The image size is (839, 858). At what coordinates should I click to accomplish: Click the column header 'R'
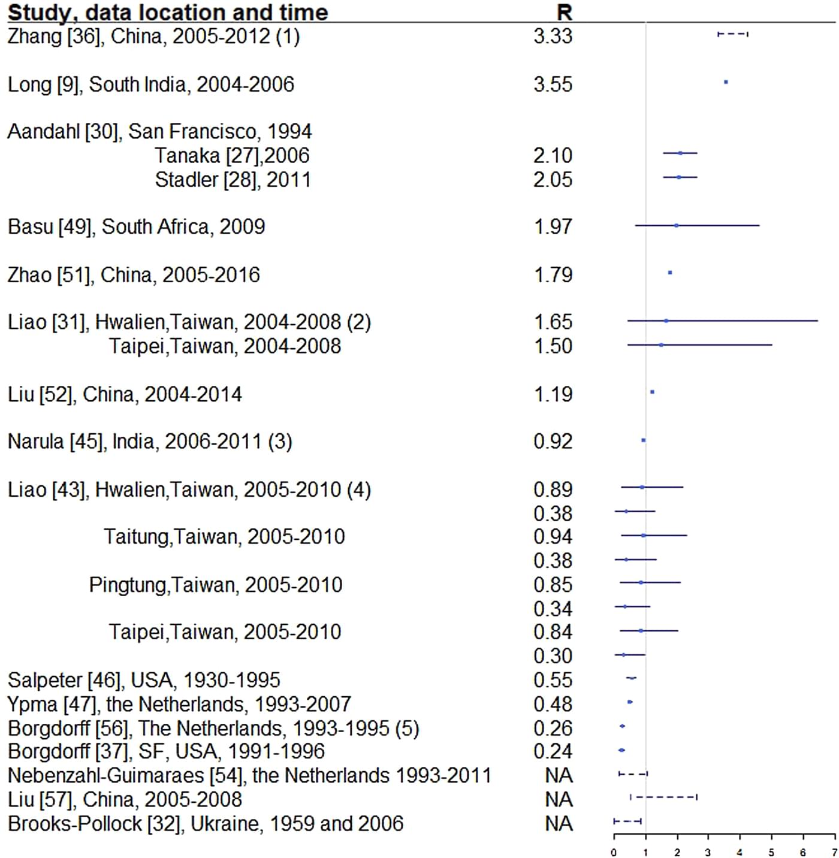click(x=564, y=12)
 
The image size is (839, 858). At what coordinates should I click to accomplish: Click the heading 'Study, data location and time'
click(x=168, y=12)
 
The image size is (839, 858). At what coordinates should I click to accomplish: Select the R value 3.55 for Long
click(x=553, y=84)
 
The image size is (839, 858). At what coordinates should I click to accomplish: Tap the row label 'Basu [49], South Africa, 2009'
click(x=136, y=226)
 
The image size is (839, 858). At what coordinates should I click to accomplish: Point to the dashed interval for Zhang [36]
click(x=732, y=34)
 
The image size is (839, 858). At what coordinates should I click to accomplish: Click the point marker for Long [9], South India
click(x=726, y=82)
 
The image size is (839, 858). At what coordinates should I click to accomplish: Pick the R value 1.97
click(x=553, y=226)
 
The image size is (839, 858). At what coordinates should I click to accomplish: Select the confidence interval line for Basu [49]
click(x=697, y=225)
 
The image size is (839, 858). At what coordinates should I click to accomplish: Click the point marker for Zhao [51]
click(x=670, y=273)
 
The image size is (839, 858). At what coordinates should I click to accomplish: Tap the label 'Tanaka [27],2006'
click(x=232, y=156)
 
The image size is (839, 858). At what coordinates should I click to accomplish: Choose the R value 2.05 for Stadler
click(x=553, y=180)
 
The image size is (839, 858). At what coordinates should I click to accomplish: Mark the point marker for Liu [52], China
click(x=652, y=392)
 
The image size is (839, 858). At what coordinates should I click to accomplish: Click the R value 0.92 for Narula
click(x=553, y=442)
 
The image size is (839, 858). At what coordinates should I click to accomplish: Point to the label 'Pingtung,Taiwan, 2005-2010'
click(x=216, y=584)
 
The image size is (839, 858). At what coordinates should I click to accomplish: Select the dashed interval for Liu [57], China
click(x=663, y=797)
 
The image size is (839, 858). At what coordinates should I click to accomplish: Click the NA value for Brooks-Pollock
click(x=559, y=824)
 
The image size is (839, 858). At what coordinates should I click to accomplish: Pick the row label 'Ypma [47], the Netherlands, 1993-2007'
click(x=179, y=704)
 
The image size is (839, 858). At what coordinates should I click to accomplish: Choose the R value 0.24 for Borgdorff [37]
click(x=553, y=751)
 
